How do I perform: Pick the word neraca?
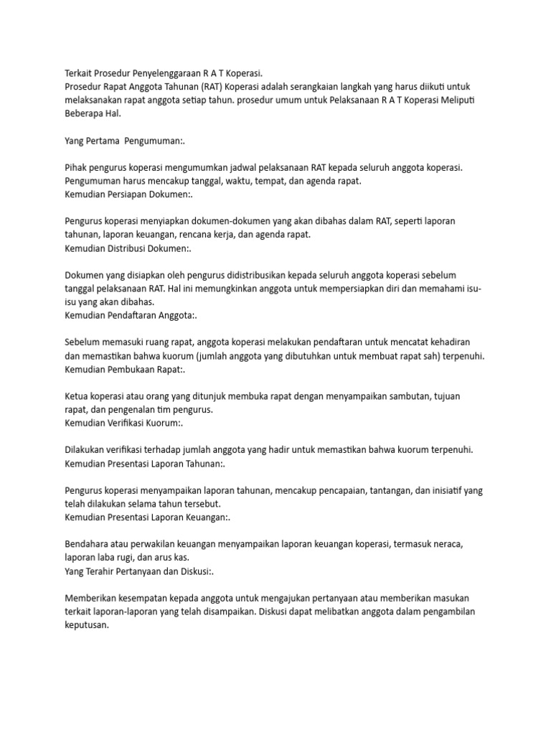coord(449,544)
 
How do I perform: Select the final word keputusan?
coord(86,624)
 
